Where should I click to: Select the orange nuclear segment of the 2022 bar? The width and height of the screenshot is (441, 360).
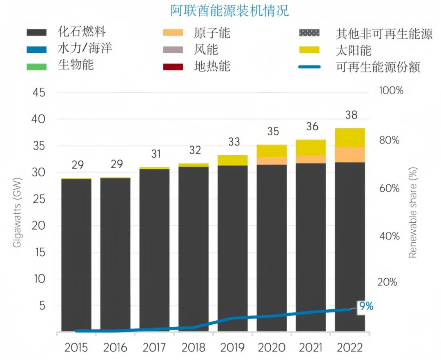coord(350,154)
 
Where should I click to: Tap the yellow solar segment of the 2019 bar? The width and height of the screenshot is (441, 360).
coord(233,160)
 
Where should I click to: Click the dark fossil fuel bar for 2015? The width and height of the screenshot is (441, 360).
coord(76,253)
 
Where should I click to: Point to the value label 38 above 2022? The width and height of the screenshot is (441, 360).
coord(350,115)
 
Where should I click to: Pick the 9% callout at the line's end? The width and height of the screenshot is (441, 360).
coord(366,306)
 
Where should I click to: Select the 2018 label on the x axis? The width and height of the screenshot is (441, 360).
coord(194,348)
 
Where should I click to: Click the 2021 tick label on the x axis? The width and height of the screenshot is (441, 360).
coord(311,348)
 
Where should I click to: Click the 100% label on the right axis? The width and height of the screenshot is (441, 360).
coord(391,90)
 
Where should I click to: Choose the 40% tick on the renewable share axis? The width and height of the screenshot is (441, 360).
coord(388,236)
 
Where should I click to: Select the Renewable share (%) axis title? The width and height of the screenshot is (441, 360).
coord(413,212)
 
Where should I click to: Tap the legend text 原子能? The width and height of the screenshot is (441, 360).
coord(212,33)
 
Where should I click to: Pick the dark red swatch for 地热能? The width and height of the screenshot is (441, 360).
coord(173,66)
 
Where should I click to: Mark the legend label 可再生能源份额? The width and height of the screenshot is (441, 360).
coord(378,66)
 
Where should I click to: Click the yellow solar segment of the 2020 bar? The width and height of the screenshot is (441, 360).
coord(272,151)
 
